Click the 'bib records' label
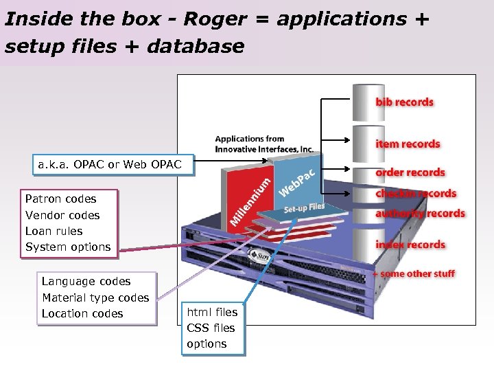point(404,102)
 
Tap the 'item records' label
point(408,144)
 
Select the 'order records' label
point(410,173)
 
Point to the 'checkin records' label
point(416,194)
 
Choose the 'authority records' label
point(420,214)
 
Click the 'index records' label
point(410,245)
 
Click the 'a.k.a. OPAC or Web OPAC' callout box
point(110,165)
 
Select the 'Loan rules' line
point(54,231)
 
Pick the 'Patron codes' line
point(60,199)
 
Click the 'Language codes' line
point(86,282)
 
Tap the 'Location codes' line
point(82,314)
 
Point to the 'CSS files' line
point(211,328)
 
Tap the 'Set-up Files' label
point(304,207)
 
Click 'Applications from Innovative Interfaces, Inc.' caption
point(264,144)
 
